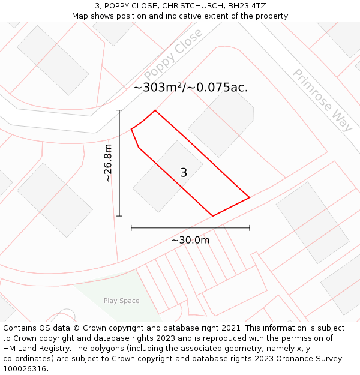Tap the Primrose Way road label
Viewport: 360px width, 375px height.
(x=322, y=100)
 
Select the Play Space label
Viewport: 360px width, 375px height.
(x=121, y=301)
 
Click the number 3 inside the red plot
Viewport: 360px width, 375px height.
(x=184, y=173)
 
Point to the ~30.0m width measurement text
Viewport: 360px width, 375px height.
(x=190, y=240)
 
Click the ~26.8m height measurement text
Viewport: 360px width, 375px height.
(x=108, y=163)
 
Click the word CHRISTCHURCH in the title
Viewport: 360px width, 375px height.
(x=180, y=6)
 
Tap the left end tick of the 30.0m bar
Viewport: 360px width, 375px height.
(x=131, y=228)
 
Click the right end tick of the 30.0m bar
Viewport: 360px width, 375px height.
(x=250, y=228)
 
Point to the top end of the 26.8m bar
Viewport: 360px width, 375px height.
(x=119, y=110)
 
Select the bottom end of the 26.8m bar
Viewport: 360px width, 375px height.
(x=119, y=216)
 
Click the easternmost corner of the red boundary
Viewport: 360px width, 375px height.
(x=250, y=197)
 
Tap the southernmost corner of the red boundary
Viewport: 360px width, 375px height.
(x=213, y=216)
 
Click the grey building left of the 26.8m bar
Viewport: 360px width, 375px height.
(x=55, y=200)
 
